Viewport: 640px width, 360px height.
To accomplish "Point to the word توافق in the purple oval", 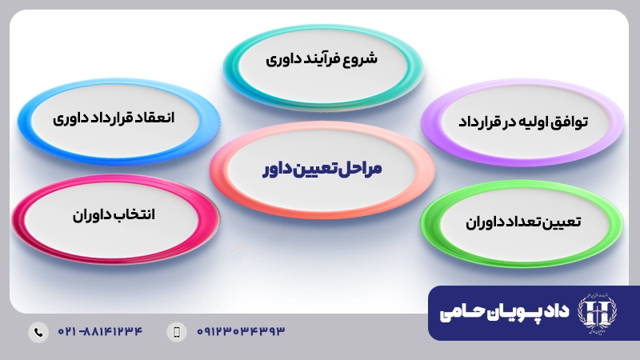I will [x=570, y=122].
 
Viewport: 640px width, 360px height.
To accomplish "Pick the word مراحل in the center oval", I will [x=361, y=169].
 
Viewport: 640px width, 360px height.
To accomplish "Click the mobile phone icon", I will [x=177, y=331].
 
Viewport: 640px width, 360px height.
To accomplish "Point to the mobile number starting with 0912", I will [x=240, y=331].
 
